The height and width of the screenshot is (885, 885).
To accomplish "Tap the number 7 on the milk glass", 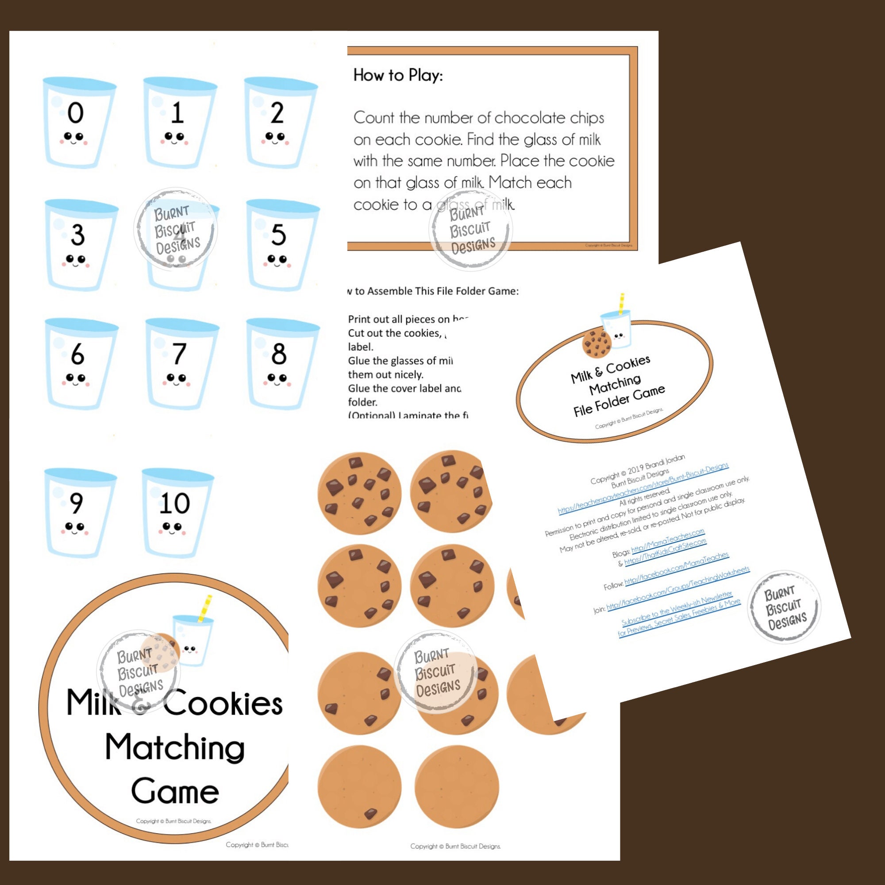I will coord(179,353).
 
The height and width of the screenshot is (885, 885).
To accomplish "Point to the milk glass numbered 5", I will coord(281,245).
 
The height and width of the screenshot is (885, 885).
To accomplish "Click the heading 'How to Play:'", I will coord(398,75).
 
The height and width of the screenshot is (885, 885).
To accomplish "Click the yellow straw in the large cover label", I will coord(205,608).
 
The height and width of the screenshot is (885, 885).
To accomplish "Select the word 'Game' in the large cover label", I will coord(175,792).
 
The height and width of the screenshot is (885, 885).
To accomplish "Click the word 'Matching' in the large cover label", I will coord(175,747).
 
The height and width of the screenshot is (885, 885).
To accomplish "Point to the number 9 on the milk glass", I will coord(76,503).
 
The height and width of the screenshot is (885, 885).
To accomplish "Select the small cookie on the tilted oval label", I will coord(597,344).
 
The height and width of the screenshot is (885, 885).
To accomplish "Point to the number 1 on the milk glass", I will coord(177,113).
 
